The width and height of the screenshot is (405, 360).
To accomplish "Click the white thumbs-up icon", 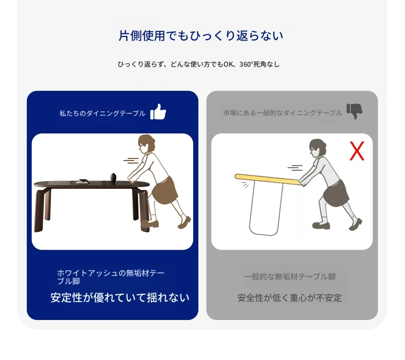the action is point(158,112).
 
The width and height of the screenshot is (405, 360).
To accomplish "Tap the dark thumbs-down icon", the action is point(354,111).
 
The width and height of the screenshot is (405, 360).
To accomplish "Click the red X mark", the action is point(357,151).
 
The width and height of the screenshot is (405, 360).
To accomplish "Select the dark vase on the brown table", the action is point(113,178).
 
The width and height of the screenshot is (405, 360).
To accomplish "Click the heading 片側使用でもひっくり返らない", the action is point(201,36).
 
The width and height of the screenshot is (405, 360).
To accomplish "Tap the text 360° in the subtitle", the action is point(246,64).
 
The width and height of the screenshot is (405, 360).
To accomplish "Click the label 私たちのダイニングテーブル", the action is point(103,113).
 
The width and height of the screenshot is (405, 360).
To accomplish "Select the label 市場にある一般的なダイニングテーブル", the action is point(282,113).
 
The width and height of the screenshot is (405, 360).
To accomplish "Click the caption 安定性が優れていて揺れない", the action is point(120,298).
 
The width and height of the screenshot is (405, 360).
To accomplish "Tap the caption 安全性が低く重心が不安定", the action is point(290,298).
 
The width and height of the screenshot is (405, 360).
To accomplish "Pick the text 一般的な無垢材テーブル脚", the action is point(290,277).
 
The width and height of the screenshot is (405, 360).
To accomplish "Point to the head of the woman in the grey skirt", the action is point(317,149).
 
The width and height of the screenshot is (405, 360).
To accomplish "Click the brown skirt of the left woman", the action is point(165,190).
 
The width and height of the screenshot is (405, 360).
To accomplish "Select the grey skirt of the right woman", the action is point(336,193).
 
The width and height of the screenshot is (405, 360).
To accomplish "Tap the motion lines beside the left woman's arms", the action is point(131,161).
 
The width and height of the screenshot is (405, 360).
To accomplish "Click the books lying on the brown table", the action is point(83,181).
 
